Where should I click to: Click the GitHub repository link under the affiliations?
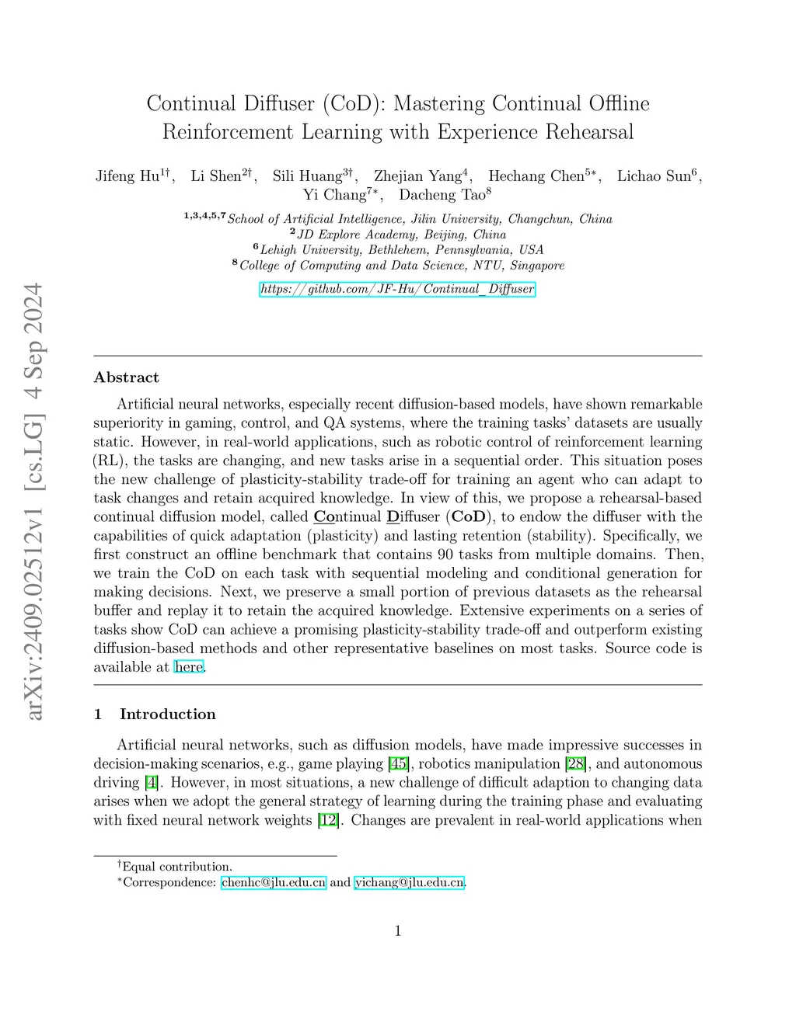pos(397,289)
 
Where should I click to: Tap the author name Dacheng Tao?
pos(442,195)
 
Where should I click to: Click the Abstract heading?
pos(126,377)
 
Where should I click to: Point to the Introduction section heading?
pos(167,714)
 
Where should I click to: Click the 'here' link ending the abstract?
pos(189,666)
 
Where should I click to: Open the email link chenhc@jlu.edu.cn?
pos(274,882)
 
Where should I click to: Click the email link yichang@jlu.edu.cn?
pos(410,882)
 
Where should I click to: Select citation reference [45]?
pos(399,763)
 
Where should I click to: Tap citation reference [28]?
pos(576,763)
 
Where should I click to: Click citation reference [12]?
pos(329,820)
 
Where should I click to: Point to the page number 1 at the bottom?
pos(398,930)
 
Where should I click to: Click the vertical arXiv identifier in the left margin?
pos(33,501)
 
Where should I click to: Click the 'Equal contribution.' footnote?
pos(176,867)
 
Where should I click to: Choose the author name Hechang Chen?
pos(536,176)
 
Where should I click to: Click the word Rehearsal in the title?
pos(589,132)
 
